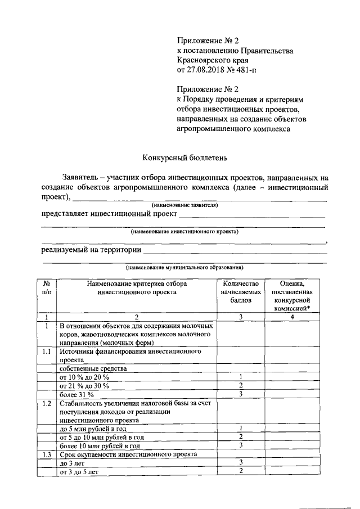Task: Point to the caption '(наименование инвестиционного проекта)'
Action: click(184, 231)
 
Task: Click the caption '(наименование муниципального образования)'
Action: click(184, 267)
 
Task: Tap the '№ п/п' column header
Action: click(47, 288)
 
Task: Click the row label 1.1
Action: click(47, 351)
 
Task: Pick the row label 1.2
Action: click(47, 403)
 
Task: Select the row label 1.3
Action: click(47, 454)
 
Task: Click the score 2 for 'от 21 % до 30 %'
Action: click(240, 385)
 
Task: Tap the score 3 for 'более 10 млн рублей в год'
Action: click(240, 445)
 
